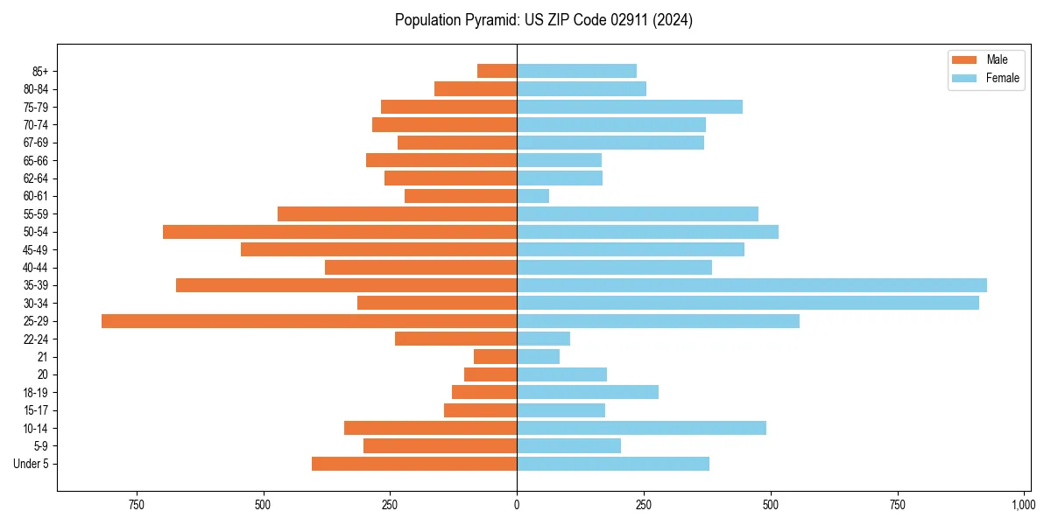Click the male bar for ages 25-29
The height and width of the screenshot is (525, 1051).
[x=308, y=321]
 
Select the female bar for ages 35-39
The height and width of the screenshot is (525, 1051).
[x=751, y=285]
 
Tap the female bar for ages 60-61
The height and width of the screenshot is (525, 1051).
[x=533, y=196]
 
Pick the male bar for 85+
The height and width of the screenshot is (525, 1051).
[x=497, y=71]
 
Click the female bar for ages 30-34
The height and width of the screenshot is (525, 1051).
[x=748, y=303]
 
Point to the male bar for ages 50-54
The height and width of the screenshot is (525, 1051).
[x=340, y=232]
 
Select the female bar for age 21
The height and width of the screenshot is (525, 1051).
[x=538, y=357]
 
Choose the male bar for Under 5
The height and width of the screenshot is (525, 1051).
[x=414, y=464]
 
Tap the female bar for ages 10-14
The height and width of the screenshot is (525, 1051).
[x=641, y=428]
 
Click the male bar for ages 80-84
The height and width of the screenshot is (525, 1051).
[x=476, y=89]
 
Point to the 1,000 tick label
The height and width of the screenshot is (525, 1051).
[x=1023, y=505]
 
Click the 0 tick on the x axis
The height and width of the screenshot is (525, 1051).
[x=517, y=505]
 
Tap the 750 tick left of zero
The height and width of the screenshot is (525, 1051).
[x=136, y=505]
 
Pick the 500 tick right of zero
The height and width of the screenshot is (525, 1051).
[x=771, y=505]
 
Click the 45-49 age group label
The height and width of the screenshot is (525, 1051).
[x=37, y=249]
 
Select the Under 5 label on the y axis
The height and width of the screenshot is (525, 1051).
[x=31, y=464]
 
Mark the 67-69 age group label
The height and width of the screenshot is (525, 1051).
[x=37, y=143]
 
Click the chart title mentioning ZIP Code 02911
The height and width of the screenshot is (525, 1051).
[x=543, y=20]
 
